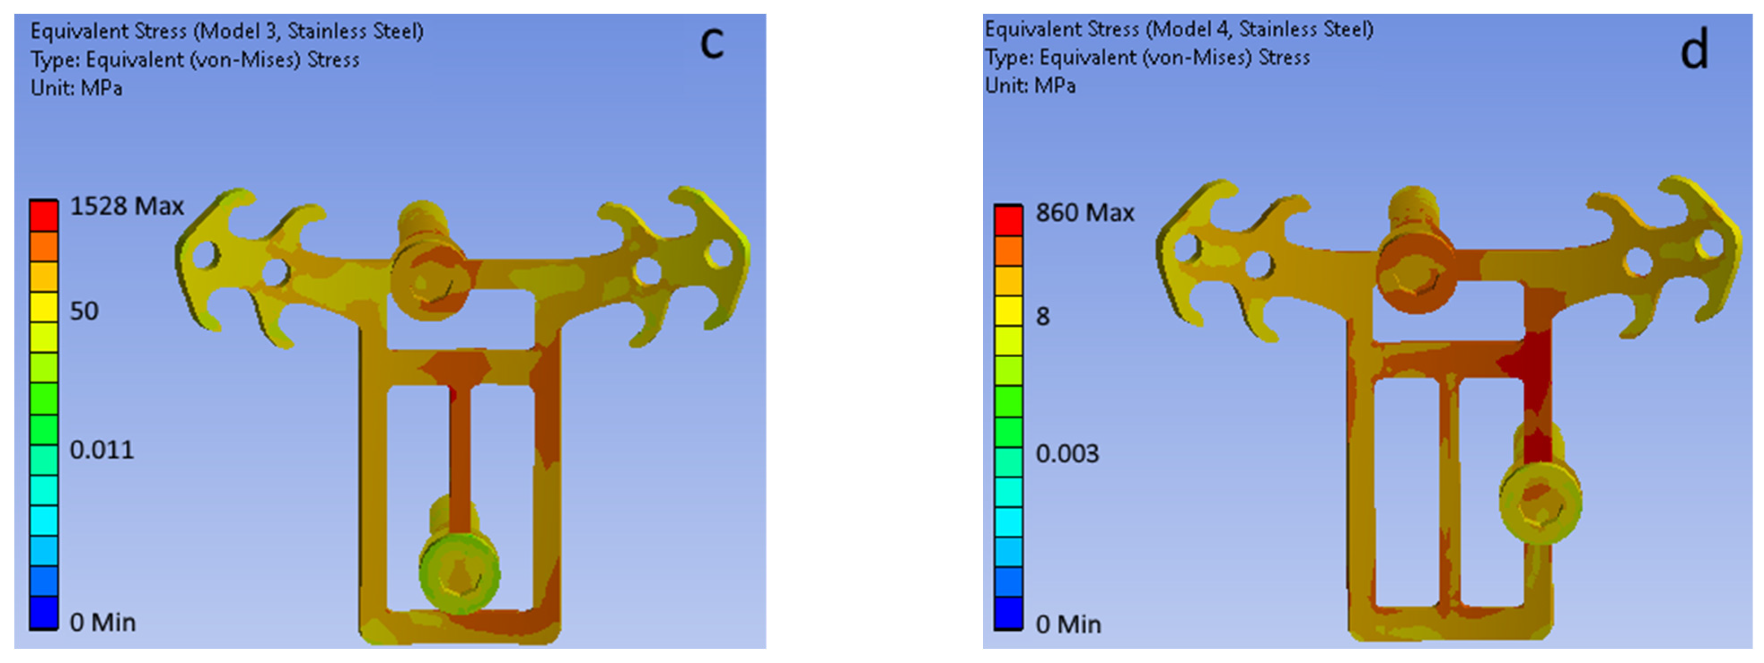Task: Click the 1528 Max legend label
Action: (127, 206)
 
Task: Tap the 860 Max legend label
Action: (1084, 213)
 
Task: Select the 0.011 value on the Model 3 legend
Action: (101, 450)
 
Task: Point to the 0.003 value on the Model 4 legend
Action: (1067, 454)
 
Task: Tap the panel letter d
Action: (1694, 51)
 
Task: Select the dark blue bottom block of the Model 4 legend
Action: (1008, 613)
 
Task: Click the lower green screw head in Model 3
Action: (459, 573)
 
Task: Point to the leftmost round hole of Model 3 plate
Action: (206, 256)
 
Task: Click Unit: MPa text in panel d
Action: (1030, 86)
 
